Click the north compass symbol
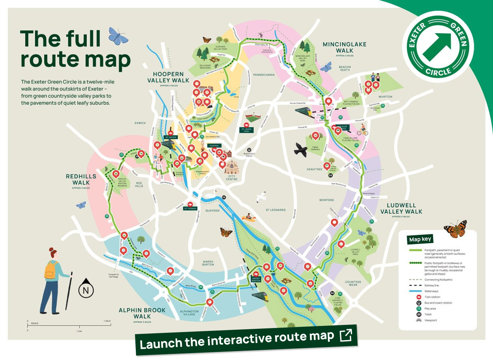tap(86, 290)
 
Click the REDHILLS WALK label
tap(81, 180)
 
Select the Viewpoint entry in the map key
tap(430, 320)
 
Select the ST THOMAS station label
tap(191, 208)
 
